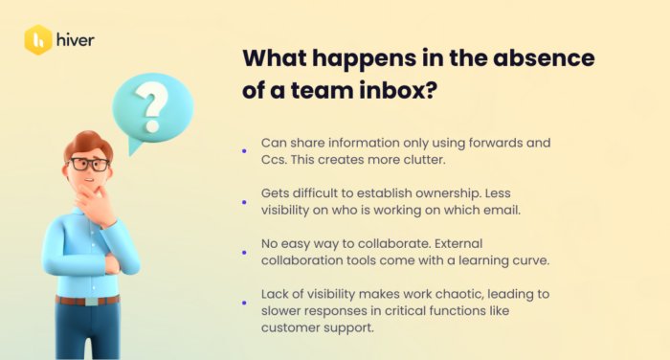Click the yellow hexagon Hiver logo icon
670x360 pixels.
[x=38, y=40]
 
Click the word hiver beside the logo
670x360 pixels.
[x=75, y=40]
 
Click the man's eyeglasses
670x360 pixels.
[x=88, y=164]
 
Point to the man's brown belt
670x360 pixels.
[x=87, y=300]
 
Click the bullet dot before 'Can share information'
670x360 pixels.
[x=244, y=150]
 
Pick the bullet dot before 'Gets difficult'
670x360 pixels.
[x=244, y=202]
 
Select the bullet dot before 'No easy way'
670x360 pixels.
[x=244, y=253]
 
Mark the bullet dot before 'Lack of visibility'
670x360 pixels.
[x=244, y=304]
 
